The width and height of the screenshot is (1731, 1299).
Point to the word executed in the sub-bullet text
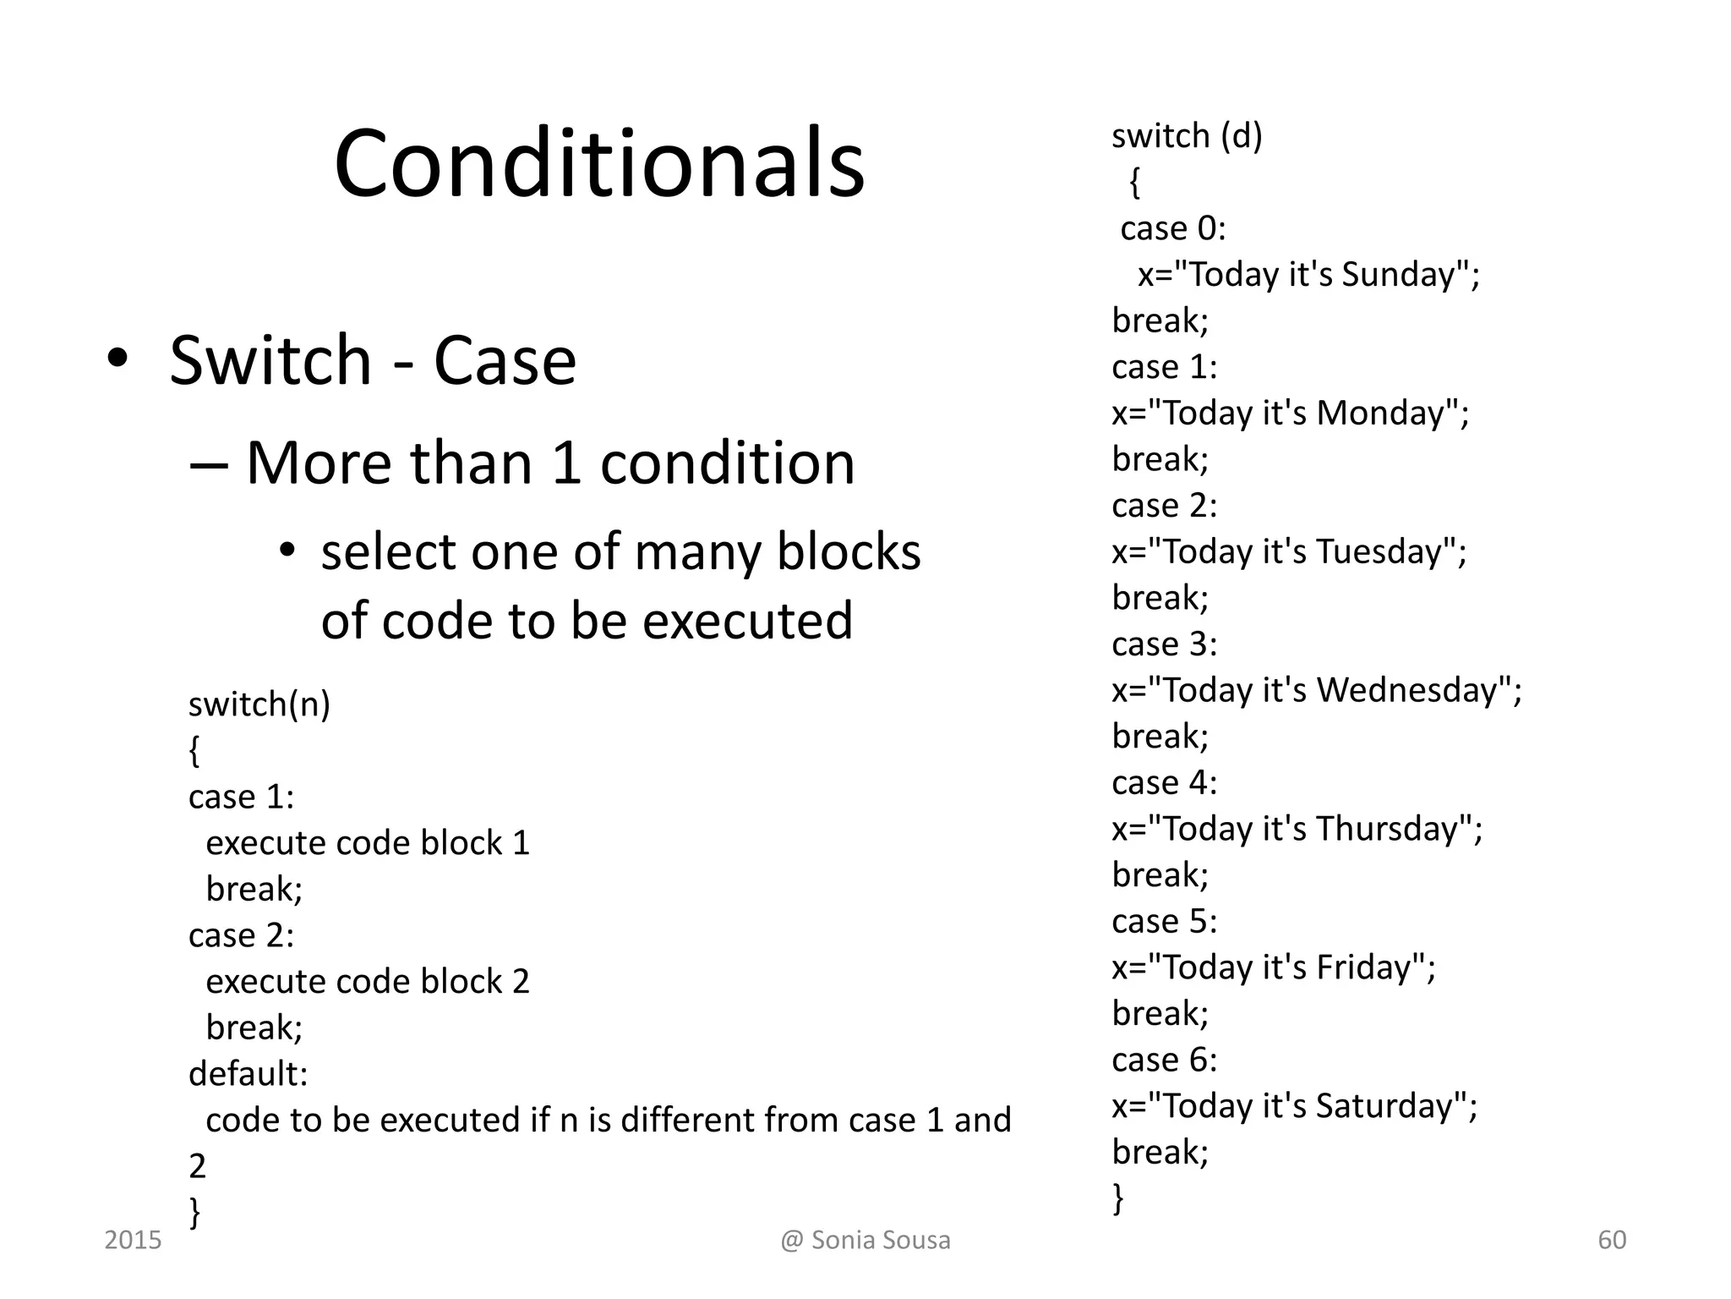point(747,620)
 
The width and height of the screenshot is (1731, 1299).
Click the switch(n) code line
point(259,704)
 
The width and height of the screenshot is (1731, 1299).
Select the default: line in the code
point(248,1073)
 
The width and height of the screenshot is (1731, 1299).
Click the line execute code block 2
point(367,981)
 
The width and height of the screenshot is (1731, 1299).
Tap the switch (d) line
point(1186,135)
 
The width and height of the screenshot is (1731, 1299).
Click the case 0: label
point(1172,228)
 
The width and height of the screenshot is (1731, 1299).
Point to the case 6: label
point(1164,1060)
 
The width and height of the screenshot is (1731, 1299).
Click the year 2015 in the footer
point(133,1240)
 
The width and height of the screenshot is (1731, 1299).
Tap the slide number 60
point(1612,1240)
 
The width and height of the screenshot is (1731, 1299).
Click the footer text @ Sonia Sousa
point(865,1240)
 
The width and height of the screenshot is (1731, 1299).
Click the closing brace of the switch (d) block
point(1118,1198)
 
